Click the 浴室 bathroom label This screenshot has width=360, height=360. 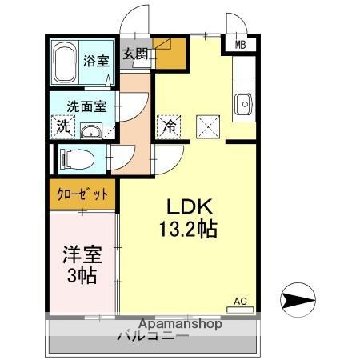[98, 60]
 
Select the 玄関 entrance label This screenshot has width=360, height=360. [135, 54]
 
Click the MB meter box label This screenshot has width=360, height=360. [240, 45]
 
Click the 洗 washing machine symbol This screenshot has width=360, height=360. [62, 126]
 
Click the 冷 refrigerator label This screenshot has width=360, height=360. [169, 125]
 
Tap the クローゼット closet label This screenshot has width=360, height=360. [82, 193]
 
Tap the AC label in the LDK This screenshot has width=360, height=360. [240, 302]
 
